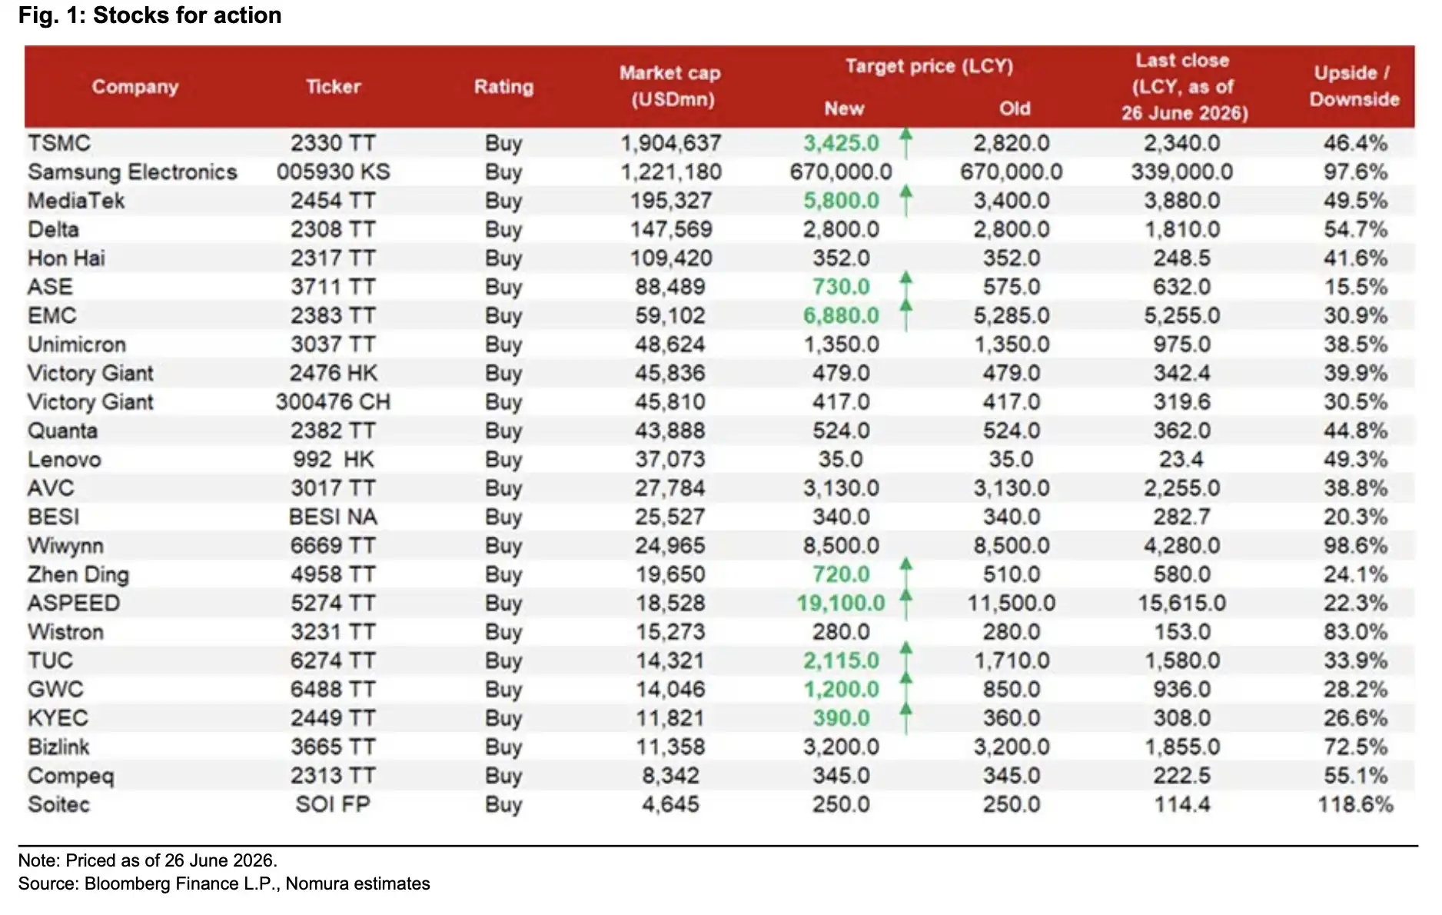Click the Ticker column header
click(x=333, y=86)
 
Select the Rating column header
click(x=503, y=86)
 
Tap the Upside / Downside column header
click(x=1354, y=86)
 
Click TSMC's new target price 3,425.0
click(x=841, y=143)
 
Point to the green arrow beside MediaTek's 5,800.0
click(x=906, y=200)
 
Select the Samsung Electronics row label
click(x=132, y=172)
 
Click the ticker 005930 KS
click(x=333, y=172)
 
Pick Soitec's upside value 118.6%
click(x=1355, y=805)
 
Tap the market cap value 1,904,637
click(x=670, y=143)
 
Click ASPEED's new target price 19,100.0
click(x=841, y=604)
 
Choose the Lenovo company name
click(x=65, y=460)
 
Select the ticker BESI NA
click(x=333, y=517)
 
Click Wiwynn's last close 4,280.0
click(x=1181, y=546)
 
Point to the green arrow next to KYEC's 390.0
click(x=906, y=718)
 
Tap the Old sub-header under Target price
click(x=1015, y=108)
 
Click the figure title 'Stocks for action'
click(x=187, y=15)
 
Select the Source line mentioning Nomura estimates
click(x=224, y=884)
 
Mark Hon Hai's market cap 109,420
click(x=671, y=258)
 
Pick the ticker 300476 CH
click(x=333, y=402)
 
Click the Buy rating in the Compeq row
click(x=503, y=777)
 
